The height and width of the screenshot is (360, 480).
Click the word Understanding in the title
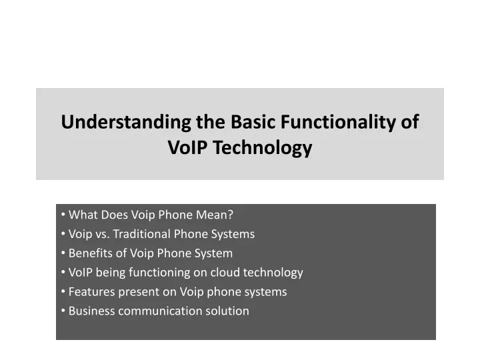tap(126, 122)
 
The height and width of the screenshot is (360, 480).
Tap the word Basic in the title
tap(253, 122)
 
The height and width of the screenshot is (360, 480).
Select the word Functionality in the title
tap(338, 122)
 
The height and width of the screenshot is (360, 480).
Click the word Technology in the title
tap(263, 147)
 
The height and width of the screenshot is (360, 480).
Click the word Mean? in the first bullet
tap(215, 215)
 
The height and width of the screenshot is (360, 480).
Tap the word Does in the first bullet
tap(115, 215)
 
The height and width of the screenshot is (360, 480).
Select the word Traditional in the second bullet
tap(142, 234)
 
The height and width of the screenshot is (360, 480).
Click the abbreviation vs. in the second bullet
tap(103, 235)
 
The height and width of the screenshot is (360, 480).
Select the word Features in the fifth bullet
tap(92, 292)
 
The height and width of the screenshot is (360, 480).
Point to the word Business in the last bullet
tap(92, 311)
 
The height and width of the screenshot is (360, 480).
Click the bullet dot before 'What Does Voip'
tap(63, 214)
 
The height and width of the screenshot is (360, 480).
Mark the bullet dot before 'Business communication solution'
tap(63, 311)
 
